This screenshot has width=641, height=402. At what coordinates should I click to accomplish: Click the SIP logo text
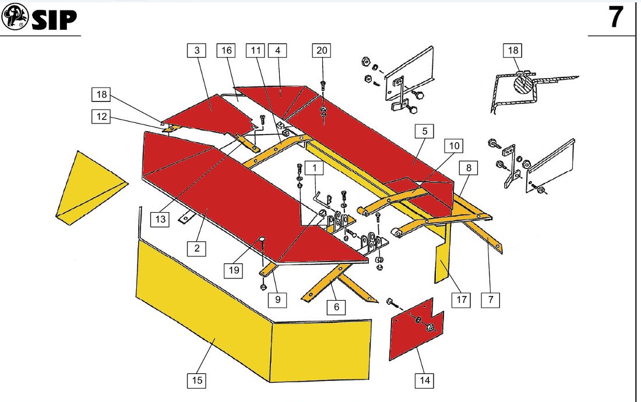54,20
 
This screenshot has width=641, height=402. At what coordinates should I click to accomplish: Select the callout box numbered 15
197,381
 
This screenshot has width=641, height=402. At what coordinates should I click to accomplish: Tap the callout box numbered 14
424,381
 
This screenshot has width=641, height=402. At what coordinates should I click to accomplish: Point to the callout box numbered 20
321,51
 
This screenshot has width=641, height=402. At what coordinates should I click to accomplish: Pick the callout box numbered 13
161,219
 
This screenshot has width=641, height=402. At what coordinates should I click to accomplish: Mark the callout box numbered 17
462,301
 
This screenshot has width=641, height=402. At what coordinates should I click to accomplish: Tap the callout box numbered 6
336,306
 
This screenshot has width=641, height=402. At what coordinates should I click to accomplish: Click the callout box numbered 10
455,145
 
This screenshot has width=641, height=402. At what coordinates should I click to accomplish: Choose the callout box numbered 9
277,300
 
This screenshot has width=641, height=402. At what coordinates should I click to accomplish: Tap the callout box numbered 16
226,51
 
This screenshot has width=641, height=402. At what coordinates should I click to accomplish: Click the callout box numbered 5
425,131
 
